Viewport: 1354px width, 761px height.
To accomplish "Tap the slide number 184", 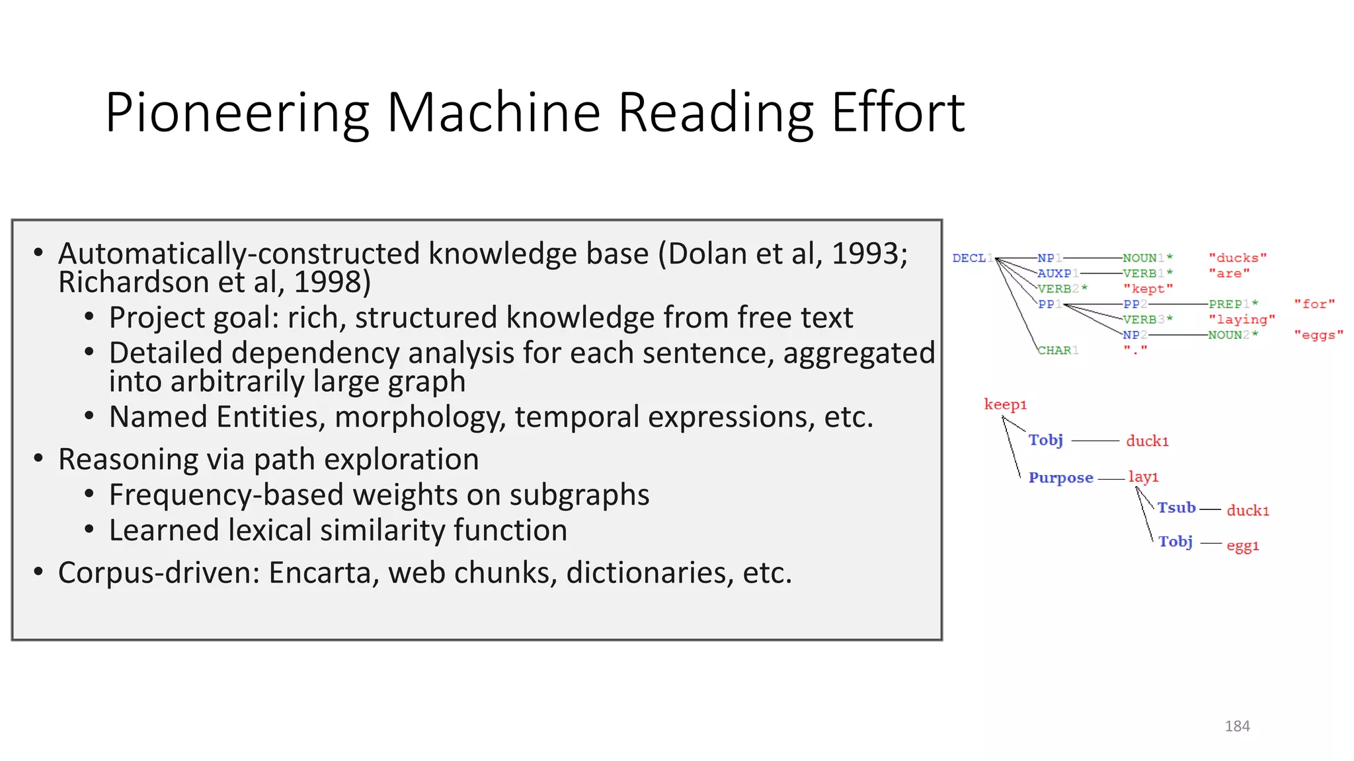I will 1237,726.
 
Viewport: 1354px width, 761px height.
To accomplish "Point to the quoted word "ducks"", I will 1238,258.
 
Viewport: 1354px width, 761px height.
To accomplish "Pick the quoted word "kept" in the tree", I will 1148,289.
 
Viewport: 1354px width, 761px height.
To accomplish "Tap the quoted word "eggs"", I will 1318,335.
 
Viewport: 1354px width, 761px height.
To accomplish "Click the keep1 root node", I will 1005,404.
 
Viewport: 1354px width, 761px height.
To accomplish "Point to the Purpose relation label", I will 1060,478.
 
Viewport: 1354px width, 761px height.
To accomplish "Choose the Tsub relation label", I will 1176,508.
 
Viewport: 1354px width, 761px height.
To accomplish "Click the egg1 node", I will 1242,546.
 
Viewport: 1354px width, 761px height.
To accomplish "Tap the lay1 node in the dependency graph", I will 1143,477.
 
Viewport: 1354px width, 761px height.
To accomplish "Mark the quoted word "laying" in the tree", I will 1242,320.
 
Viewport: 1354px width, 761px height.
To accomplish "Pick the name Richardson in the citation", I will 134,283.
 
